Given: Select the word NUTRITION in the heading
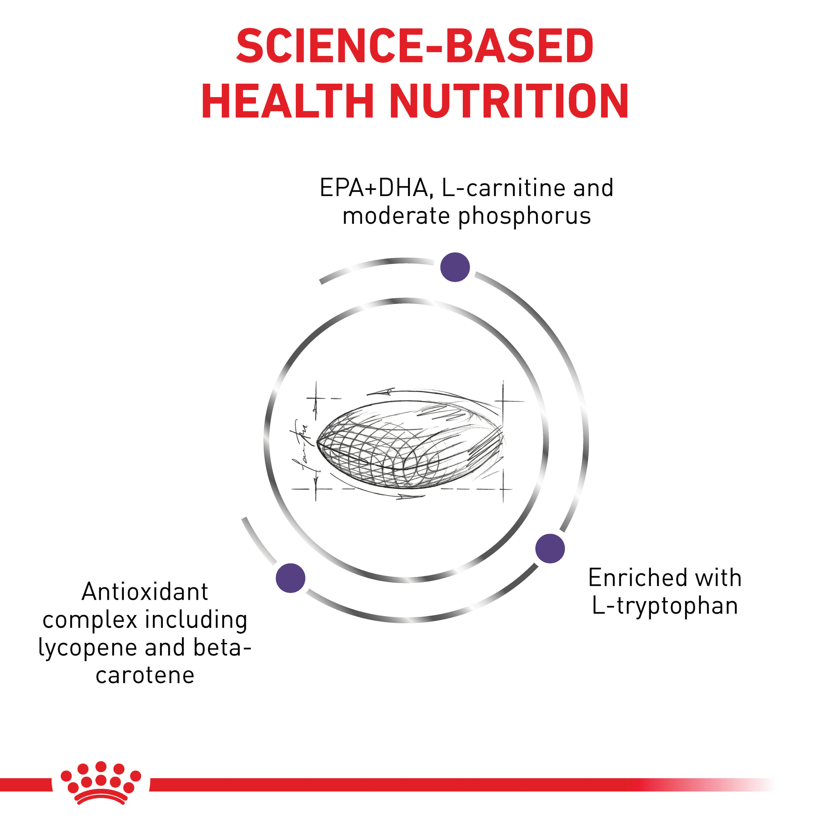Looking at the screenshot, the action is click(x=509, y=101).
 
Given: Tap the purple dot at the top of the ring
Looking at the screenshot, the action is click(x=455, y=267).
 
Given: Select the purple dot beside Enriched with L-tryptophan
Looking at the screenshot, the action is click(x=550, y=548).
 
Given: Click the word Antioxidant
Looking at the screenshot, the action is click(x=145, y=592).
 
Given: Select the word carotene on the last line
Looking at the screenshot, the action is click(x=145, y=675).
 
